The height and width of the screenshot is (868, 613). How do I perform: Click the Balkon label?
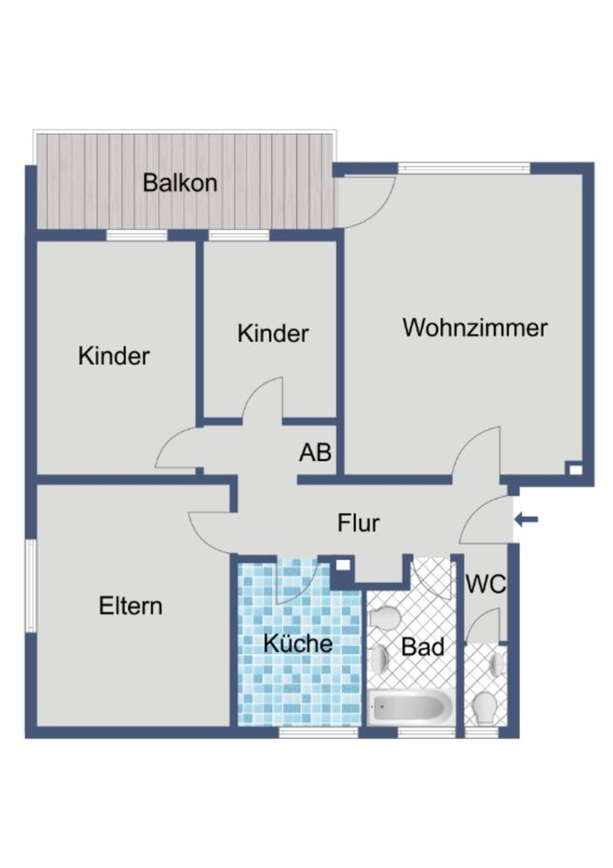coord(180,183)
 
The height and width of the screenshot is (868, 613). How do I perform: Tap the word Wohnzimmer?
coord(474,327)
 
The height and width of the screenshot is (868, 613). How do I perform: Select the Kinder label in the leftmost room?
coord(113,356)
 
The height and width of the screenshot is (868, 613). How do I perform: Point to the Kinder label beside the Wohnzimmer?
coord(273,333)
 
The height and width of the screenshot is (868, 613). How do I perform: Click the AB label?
coord(315,452)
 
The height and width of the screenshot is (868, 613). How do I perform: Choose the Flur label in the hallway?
coord(359,523)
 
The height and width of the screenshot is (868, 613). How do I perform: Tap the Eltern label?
coord(131,606)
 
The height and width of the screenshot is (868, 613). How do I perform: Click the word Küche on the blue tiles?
coord(298,644)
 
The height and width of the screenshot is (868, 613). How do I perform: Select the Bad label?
coord(423,647)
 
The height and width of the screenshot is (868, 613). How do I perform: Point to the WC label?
coord(485,584)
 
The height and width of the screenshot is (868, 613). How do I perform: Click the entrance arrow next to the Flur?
coord(526,520)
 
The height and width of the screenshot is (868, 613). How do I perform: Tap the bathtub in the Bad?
coord(411,707)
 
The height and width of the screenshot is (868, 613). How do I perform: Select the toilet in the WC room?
coord(486,708)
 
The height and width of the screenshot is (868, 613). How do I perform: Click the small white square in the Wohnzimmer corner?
coord(575,470)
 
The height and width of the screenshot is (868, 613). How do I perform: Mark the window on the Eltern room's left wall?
coord(30,585)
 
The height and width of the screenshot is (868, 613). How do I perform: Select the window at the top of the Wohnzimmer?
coord(464,167)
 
